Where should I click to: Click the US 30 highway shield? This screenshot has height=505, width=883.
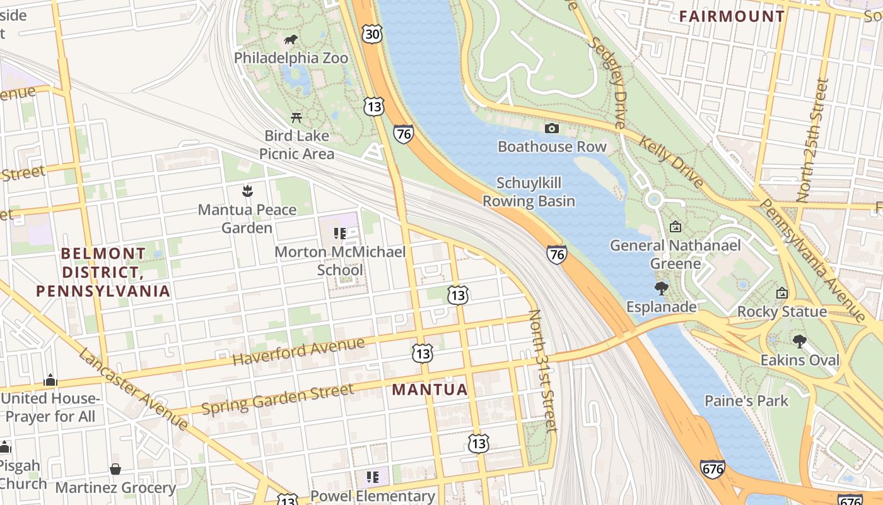[373, 34]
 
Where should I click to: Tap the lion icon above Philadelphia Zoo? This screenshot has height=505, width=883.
[291, 40]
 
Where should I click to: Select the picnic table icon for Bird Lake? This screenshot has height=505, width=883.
[296, 117]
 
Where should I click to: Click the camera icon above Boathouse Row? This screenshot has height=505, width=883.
[552, 129]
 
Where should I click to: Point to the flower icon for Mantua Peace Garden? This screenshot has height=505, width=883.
[247, 191]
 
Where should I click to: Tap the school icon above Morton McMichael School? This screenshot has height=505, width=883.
[340, 234]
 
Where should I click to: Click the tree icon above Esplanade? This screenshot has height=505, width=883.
[661, 289]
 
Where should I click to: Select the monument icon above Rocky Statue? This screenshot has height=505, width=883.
[782, 293]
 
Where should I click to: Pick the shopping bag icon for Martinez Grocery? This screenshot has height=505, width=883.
[115, 469]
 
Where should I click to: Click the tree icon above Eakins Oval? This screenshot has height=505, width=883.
[800, 342]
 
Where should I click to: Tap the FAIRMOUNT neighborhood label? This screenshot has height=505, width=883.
[732, 16]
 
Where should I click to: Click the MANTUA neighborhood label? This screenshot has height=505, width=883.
[430, 389]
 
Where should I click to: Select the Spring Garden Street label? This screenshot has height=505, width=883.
[278, 400]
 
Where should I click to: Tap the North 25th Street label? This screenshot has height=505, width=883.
[812, 140]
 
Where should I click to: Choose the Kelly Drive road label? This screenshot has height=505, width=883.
[671, 161]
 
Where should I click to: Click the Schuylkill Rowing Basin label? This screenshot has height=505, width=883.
[529, 192]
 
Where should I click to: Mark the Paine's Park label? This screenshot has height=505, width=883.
[746, 400]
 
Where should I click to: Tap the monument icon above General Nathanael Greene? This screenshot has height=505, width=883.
[675, 226]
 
